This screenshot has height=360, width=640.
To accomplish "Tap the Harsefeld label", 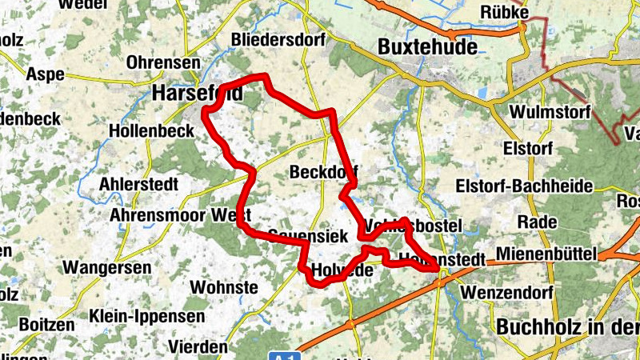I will [197, 94].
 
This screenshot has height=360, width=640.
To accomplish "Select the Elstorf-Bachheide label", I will [523, 186].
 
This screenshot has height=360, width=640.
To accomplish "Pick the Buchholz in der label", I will [567, 327].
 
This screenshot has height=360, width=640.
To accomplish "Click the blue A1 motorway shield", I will [282, 354].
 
